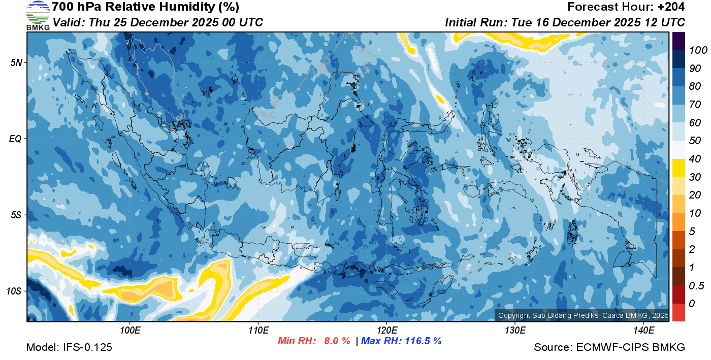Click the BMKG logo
(x=38, y=15)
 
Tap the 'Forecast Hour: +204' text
(x=626, y=7)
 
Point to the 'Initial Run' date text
(x=565, y=22)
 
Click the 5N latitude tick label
(x=16, y=62)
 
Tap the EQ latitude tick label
(x=16, y=138)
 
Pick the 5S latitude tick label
(x=16, y=215)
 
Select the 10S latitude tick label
(x=14, y=291)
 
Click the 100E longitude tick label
(x=130, y=331)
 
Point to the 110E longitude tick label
(x=258, y=331)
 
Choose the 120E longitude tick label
(x=386, y=331)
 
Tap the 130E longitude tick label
(x=515, y=331)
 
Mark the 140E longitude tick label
(x=643, y=331)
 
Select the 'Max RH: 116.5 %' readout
(x=401, y=341)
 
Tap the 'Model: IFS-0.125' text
(x=69, y=348)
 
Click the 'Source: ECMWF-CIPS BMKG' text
(x=609, y=348)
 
